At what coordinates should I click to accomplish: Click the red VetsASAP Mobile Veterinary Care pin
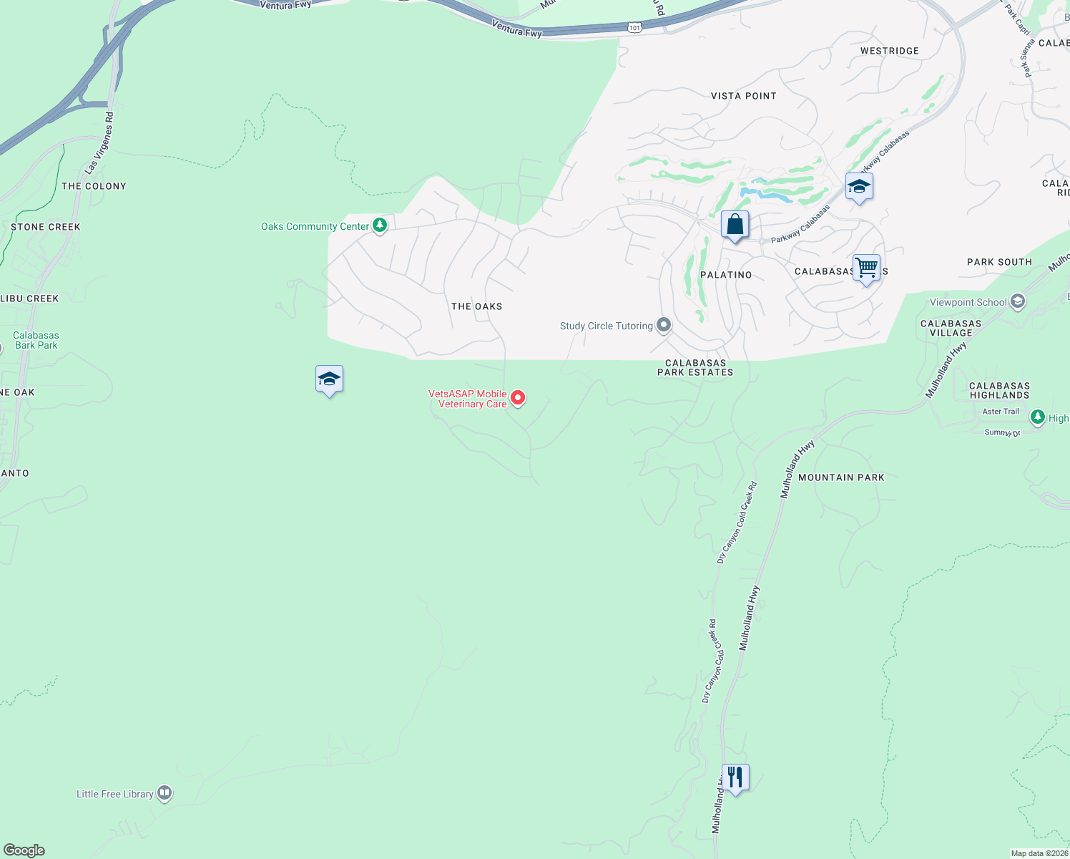tap(518, 397)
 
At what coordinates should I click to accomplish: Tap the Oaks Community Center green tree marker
tap(380, 225)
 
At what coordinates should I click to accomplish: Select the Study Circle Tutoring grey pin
tap(664, 326)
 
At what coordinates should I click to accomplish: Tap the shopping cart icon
tap(866, 268)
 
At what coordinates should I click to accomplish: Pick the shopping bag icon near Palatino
tap(735, 225)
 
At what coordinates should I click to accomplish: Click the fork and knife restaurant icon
tap(735, 777)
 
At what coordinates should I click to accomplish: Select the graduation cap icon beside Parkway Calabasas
tap(858, 187)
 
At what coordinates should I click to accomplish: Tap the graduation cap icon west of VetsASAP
tap(329, 379)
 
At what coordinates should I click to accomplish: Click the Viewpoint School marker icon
tap(1018, 302)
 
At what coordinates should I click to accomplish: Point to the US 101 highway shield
tap(634, 27)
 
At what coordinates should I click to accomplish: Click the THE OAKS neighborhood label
tap(476, 306)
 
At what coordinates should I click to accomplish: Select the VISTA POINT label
tap(743, 96)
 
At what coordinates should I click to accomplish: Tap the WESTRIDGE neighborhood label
tap(889, 51)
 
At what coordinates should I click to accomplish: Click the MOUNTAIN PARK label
tap(841, 477)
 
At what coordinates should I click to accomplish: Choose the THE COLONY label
tap(94, 186)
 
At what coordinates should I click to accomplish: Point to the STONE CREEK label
tap(46, 227)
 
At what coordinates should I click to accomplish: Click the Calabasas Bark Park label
tap(36, 340)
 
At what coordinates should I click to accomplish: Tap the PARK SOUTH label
tap(999, 262)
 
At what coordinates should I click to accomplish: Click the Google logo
tap(24, 850)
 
